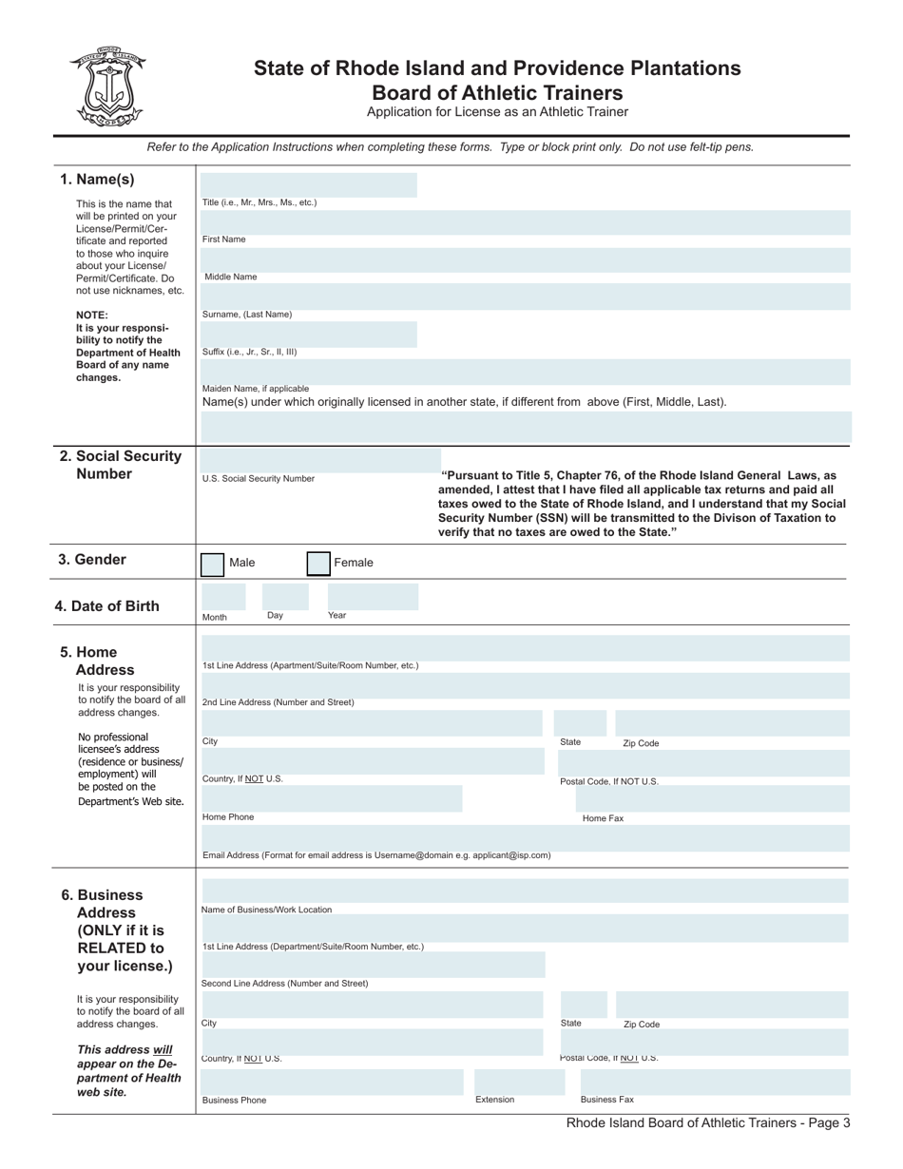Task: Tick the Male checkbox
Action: [x=212, y=564]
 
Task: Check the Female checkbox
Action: [x=318, y=564]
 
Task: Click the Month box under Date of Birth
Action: [x=222, y=597]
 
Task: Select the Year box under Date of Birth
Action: [x=373, y=597]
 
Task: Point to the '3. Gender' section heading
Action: [x=92, y=560]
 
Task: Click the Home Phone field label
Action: [x=228, y=817]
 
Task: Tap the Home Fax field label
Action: [x=603, y=818]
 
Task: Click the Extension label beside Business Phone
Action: [x=494, y=1100]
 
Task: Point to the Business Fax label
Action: [x=606, y=1100]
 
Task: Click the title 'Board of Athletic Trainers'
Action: [x=497, y=93]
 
